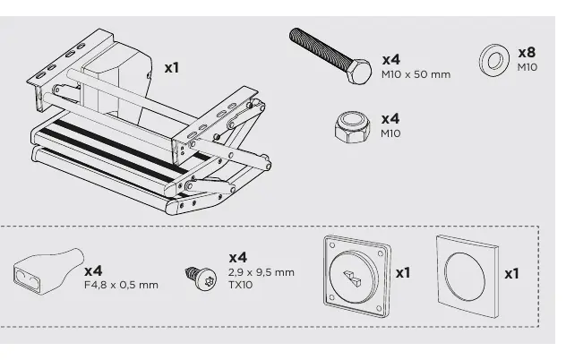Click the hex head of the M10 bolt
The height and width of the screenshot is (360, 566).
click(359, 72)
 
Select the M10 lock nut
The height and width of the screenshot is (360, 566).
click(352, 127)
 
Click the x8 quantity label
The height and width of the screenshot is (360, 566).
click(527, 53)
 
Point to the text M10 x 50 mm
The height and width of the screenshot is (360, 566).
click(416, 74)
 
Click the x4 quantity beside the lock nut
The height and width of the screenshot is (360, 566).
click(390, 119)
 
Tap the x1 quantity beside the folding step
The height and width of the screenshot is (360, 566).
click(171, 67)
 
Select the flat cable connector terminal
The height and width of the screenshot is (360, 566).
click(48, 271)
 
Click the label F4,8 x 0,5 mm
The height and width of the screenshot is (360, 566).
click(121, 285)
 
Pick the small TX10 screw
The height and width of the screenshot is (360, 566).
click(202, 278)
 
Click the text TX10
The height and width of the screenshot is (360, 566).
click(240, 285)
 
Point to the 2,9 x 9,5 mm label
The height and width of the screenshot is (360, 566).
click(262, 272)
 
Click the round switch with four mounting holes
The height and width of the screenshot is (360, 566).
click(356, 276)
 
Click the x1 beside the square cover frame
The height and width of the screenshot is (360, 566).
click(512, 274)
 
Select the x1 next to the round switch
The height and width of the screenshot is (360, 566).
click(403, 272)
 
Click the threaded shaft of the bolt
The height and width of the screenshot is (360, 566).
click(319, 48)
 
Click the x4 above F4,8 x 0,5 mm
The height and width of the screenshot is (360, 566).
click(93, 270)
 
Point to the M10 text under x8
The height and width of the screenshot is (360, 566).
click(527, 67)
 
